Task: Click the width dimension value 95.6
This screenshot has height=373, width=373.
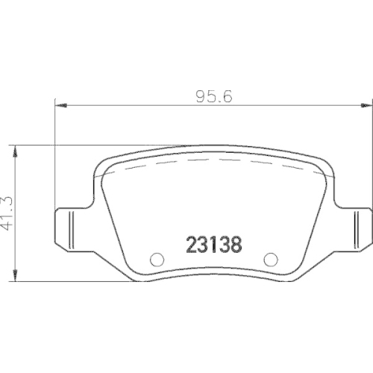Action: (212, 96)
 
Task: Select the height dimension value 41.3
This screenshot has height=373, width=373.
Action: (8, 214)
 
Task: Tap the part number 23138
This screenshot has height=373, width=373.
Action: (213, 244)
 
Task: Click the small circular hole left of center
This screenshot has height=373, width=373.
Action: (157, 260)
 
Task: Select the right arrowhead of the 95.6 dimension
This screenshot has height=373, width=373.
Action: (363, 105)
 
